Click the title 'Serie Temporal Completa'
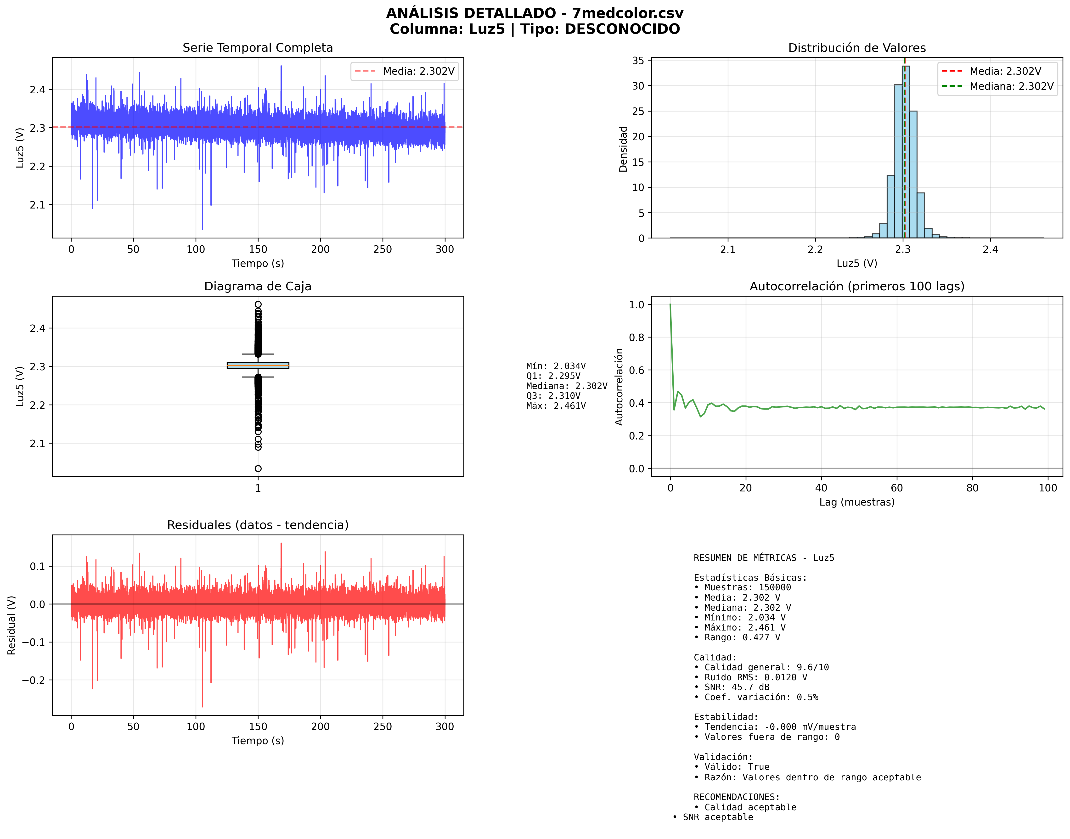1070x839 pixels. point(257,48)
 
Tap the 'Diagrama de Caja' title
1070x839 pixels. point(257,286)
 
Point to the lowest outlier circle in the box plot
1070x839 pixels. point(258,469)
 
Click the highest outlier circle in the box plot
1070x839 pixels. point(258,304)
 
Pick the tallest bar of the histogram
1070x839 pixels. point(905,152)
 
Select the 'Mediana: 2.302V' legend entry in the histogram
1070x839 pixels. point(1011,86)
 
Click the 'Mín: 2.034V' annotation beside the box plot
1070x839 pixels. point(556,366)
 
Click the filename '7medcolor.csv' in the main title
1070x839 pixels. point(627,13)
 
